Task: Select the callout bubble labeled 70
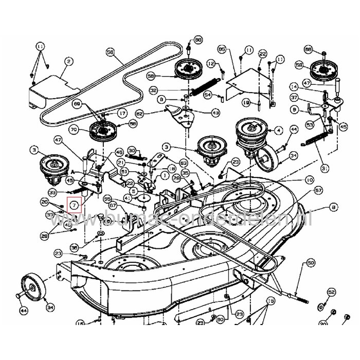tap(73, 131)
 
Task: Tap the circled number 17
tap(122, 113)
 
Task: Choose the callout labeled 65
tap(222, 49)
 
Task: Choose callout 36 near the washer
tap(74, 247)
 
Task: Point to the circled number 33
tap(52, 192)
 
